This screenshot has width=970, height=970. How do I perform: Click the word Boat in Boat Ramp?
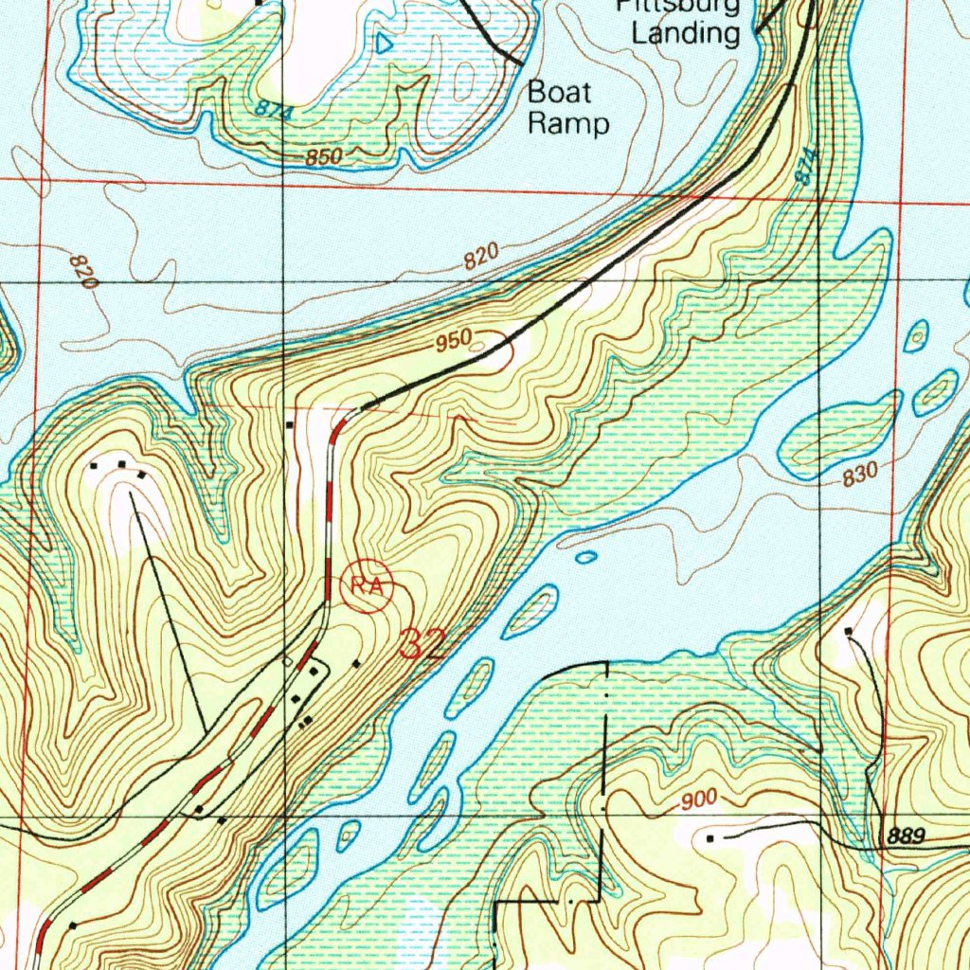pos(559,93)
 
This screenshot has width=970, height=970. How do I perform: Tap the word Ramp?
pos(568,123)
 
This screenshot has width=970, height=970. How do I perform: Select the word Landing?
pos(686,35)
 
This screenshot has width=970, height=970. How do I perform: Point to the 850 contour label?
pos(323,156)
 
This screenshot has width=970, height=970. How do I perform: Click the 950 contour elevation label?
pos(455,345)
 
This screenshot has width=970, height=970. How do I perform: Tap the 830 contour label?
pos(860,473)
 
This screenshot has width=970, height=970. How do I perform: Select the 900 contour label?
pos(698,800)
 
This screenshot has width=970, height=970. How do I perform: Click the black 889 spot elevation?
pos(907,836)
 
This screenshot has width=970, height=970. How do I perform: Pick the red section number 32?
pos(422,644)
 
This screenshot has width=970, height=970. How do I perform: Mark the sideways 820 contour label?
pos(84,272)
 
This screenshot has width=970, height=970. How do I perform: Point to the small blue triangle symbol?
pos(384,44)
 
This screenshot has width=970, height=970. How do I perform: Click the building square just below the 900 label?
pos(710,838)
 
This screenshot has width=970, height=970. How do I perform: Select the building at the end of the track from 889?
pos(848,630)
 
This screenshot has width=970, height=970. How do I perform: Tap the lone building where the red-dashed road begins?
pos(290,425)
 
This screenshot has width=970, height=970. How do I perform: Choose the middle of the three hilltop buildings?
pos(121,464)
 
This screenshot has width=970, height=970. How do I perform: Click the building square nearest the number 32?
pos(355,664)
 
